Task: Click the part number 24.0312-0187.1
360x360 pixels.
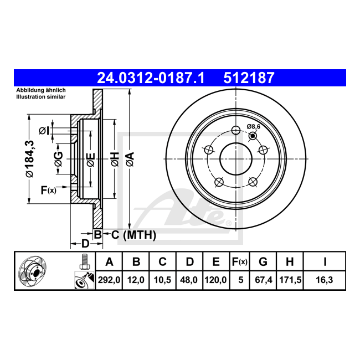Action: click(151, 78)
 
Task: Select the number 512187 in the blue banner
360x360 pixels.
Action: click(249, 78)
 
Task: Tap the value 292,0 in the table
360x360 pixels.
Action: click(109, 280)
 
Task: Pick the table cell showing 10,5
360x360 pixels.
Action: click(162, 280)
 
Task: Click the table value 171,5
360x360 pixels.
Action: click(290, 280)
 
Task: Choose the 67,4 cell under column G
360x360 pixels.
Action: click(263, 280)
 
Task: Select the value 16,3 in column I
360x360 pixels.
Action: click(324, 280)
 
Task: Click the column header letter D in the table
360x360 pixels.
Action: click(189, 262)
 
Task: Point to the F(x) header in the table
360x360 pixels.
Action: click(239, 262)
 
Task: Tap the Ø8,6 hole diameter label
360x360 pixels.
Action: click(254, 126)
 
